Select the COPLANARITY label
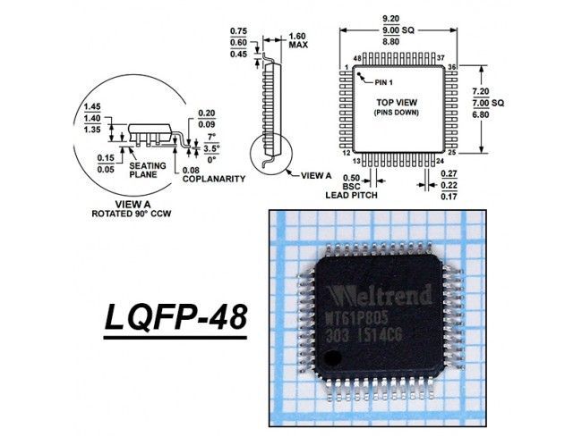pyautogui.click(x=213, y=179)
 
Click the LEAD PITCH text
pyautogui.click(x=351, y=194)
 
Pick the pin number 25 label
pyautogui.click(x=451, y=154)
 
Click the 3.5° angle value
pyautogui.click(x=211, y=148)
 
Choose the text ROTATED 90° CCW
pyautogui.click(x=132, y=214)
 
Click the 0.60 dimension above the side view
pyautogui.click(x=238, y=40)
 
